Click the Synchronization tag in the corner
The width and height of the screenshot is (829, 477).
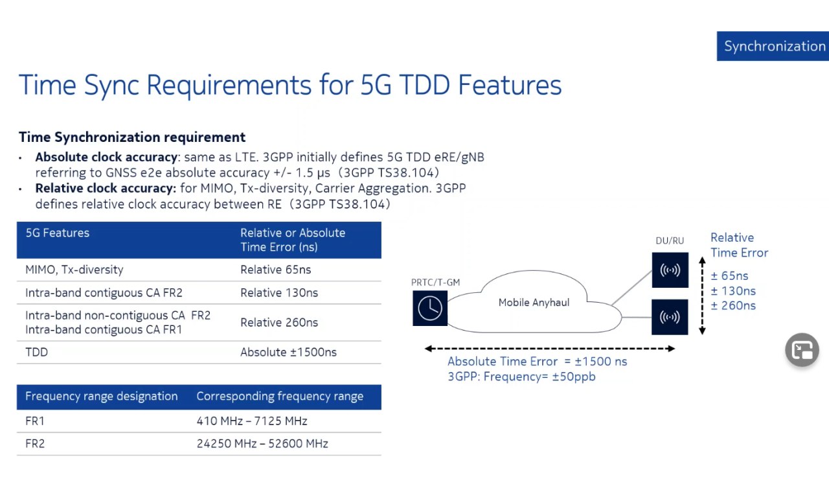[x=773, y=46]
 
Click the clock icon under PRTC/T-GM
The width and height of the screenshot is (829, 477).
[x=430, y=308]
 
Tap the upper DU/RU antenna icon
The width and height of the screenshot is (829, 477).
[x=670, y=270]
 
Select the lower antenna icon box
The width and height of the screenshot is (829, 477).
[x=670, y=317]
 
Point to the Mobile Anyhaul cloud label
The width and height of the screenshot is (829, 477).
[x=534, y=303]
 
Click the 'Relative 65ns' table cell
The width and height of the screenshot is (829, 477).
[x=276, y=270]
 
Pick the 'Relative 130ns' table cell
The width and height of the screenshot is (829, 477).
[x=279, y=292]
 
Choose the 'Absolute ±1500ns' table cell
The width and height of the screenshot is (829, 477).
[x=288, y=352]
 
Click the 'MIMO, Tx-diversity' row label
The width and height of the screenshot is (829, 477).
[x=74, y=270]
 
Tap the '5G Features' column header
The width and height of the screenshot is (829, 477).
[x=58, y=233]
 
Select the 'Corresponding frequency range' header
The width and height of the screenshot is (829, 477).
[x=280, y=396]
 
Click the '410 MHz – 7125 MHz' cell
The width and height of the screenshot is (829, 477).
[x=252, y=421]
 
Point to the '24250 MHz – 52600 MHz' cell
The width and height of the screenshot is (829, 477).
[x=262, y=444]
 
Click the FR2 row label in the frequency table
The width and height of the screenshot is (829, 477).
[x=35, y=444]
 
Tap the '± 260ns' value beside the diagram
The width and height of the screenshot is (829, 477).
[x=733, y=305]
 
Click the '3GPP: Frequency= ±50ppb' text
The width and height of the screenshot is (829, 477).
[x=521, y=377]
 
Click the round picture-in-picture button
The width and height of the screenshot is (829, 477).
[x=802, y=350]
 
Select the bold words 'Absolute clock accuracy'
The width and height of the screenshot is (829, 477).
[x=106, y=157]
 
